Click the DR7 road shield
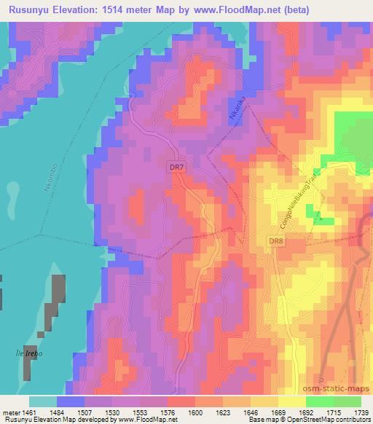pos(176,167)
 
